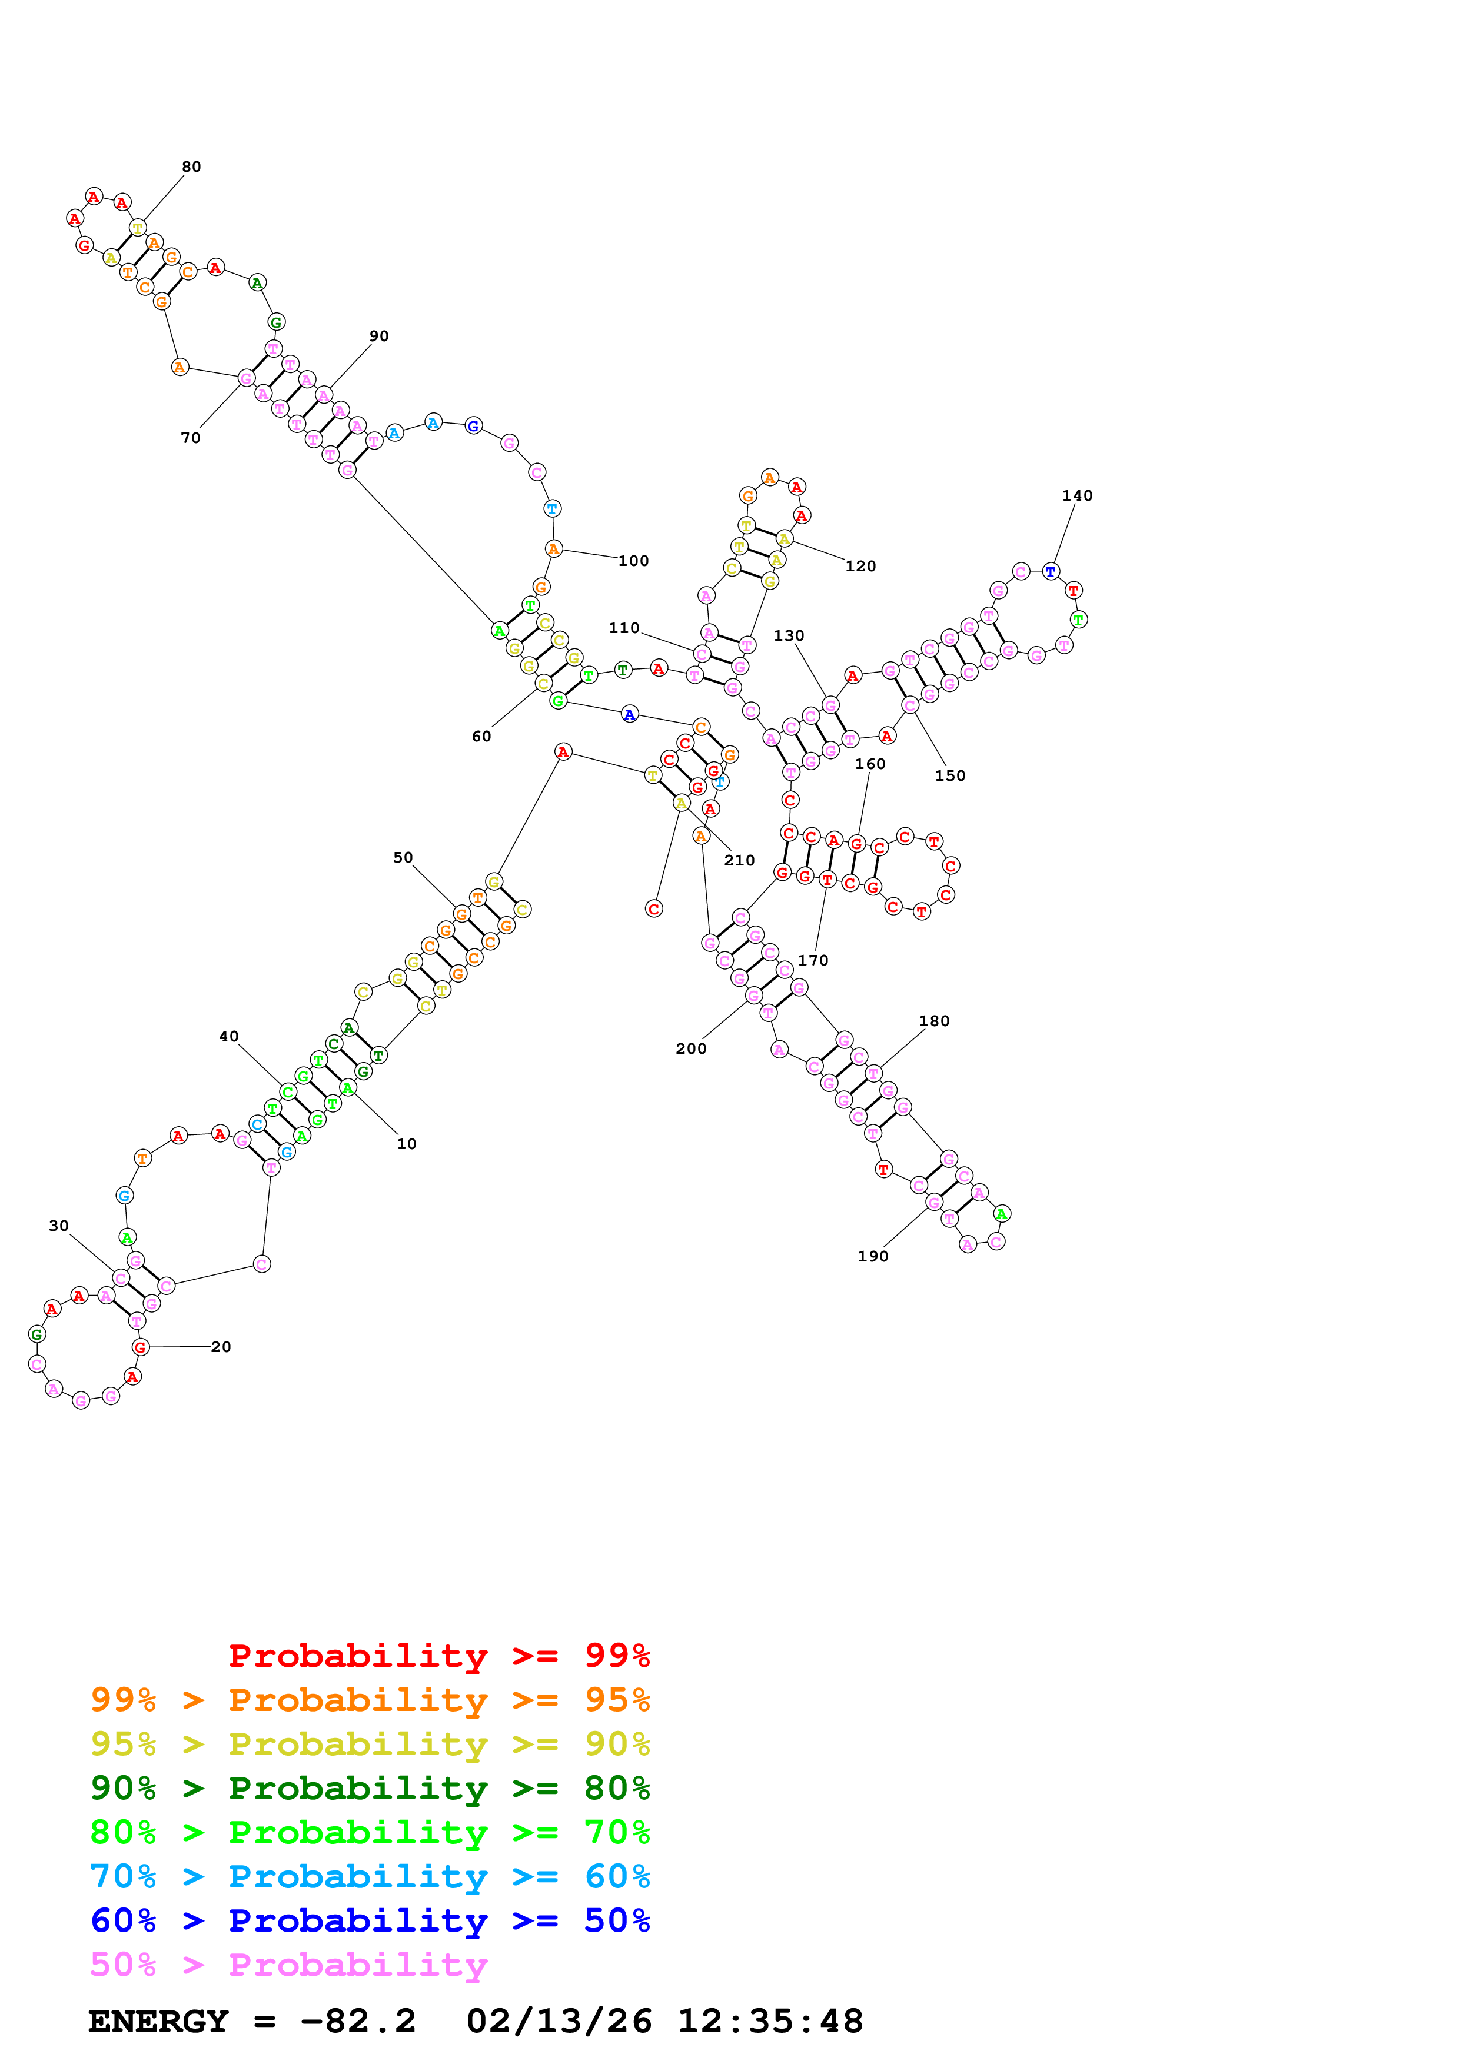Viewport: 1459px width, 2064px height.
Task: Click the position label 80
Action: coord(191,167)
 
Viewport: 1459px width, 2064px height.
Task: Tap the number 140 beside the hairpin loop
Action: coord(1077,496)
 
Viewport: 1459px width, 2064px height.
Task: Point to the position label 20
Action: coord(221,1347)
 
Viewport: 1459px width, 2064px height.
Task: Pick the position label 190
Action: coord(873,1257)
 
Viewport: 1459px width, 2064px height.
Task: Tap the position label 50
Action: coord(403,858)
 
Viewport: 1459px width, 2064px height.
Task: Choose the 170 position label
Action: coord(813,961)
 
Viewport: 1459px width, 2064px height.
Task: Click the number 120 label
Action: coord(860,567)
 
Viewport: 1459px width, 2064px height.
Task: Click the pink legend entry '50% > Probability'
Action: coord(288,1965)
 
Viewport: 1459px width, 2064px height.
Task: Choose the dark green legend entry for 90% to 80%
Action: coord(370,1789)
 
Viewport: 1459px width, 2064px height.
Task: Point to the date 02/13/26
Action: coord(559,2022)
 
